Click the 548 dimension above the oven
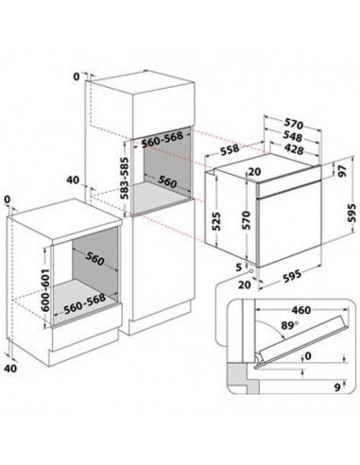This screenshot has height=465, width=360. (x=293, y=136)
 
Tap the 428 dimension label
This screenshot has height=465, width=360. (x=293, y=148)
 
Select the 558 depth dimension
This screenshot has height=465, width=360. (x=230, y=150)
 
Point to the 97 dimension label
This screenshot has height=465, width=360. (x=342, y=170)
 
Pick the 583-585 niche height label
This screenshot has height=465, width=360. (x=125, y=178)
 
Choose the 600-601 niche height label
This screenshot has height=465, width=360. (x=45, y=290)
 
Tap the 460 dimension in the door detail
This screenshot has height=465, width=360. (x=300, y=310)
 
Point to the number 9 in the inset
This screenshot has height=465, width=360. (x=337, y=387)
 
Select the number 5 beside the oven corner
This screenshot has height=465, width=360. (x=238, y=267)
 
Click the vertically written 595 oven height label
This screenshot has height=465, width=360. (x=351, y=214)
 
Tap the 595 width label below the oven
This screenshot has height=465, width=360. (x=292, y=276)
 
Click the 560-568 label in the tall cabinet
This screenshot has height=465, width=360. (x=163, y=140)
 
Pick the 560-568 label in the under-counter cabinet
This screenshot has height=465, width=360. (x=84, y=304)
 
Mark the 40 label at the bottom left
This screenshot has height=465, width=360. (x=10, y=368)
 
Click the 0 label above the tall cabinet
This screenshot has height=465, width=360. (x=77, y=77)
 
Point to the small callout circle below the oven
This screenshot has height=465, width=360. (x=251, y=271)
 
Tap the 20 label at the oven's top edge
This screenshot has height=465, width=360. (x=254, y=172)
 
